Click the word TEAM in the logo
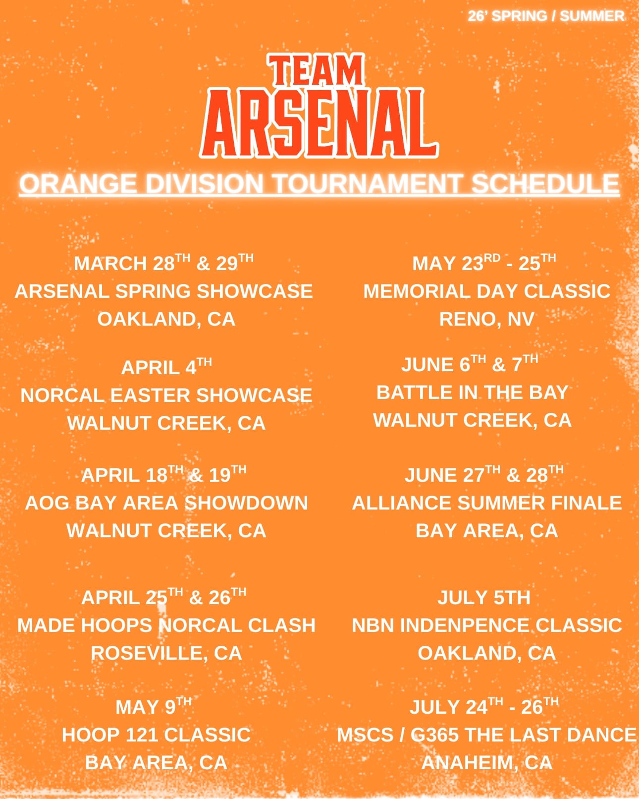click(316, 70)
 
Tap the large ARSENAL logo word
click(319, 123)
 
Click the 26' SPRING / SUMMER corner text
click(546, 16)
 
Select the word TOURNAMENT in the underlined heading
click(367, 183)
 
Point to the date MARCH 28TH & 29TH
click(163, 263)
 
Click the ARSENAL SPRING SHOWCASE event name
click(163, 291)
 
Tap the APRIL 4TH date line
click(166, 367)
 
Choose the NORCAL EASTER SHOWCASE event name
click(166, 395)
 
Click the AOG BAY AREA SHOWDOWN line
click(166, 503)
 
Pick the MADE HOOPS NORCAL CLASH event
click(166, 625)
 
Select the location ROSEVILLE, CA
click(166, 653)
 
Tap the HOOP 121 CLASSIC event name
click(156, 735)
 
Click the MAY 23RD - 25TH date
click(484, 263)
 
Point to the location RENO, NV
click(487, 319)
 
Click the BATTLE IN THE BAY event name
click(473, 393)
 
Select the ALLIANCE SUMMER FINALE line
click(487, 503)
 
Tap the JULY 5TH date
click(484, 598)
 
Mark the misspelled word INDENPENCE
click(465, 625)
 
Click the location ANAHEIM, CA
click(487, 763)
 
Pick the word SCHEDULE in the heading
click(545, 183)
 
